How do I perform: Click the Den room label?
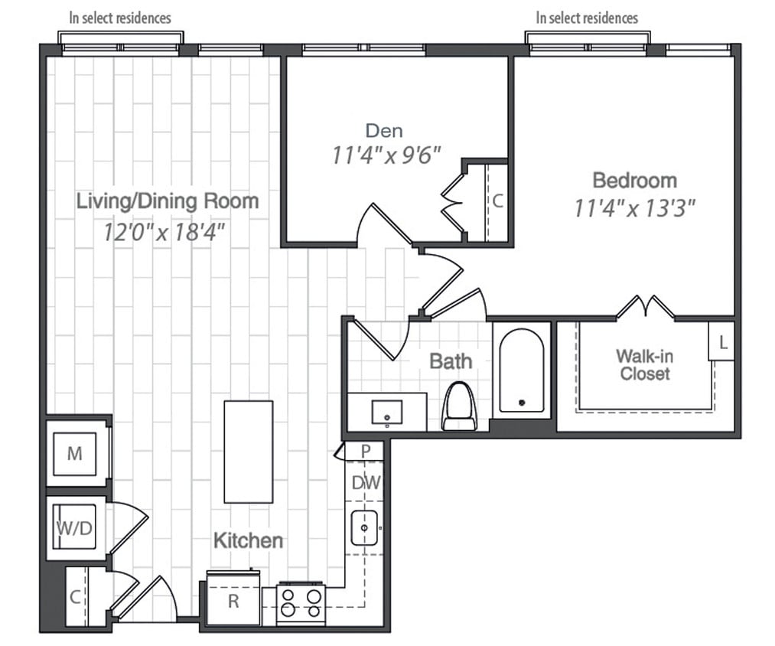(x=383, y=130)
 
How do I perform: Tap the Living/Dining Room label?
(x=168, y=201)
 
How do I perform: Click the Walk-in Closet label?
(x=645, y=365)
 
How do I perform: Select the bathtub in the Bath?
(x=521, y=370)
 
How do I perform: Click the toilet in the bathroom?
(x=459, y=406)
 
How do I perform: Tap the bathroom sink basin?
(x=387, y=413)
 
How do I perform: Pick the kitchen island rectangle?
(x=248, y=452)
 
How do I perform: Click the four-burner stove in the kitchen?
(x=301, y=602)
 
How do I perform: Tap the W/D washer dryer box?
(x=74, y=528)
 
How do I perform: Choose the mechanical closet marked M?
(x=74, y=454)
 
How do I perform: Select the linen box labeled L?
(x=722, y=341)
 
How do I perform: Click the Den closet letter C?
(x=497, y=201)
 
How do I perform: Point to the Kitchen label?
(x=247, y=540)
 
